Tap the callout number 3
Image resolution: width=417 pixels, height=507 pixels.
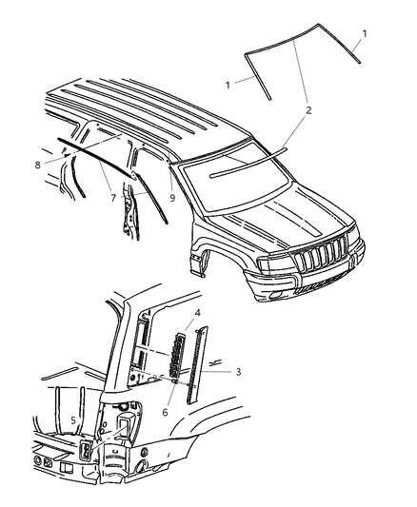tap(238, 371)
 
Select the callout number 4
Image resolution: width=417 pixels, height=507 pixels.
tap(197, 312)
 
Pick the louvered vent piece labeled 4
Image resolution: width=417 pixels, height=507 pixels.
tap(177, 354)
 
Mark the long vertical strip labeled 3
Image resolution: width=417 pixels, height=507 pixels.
tap(196, 366)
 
